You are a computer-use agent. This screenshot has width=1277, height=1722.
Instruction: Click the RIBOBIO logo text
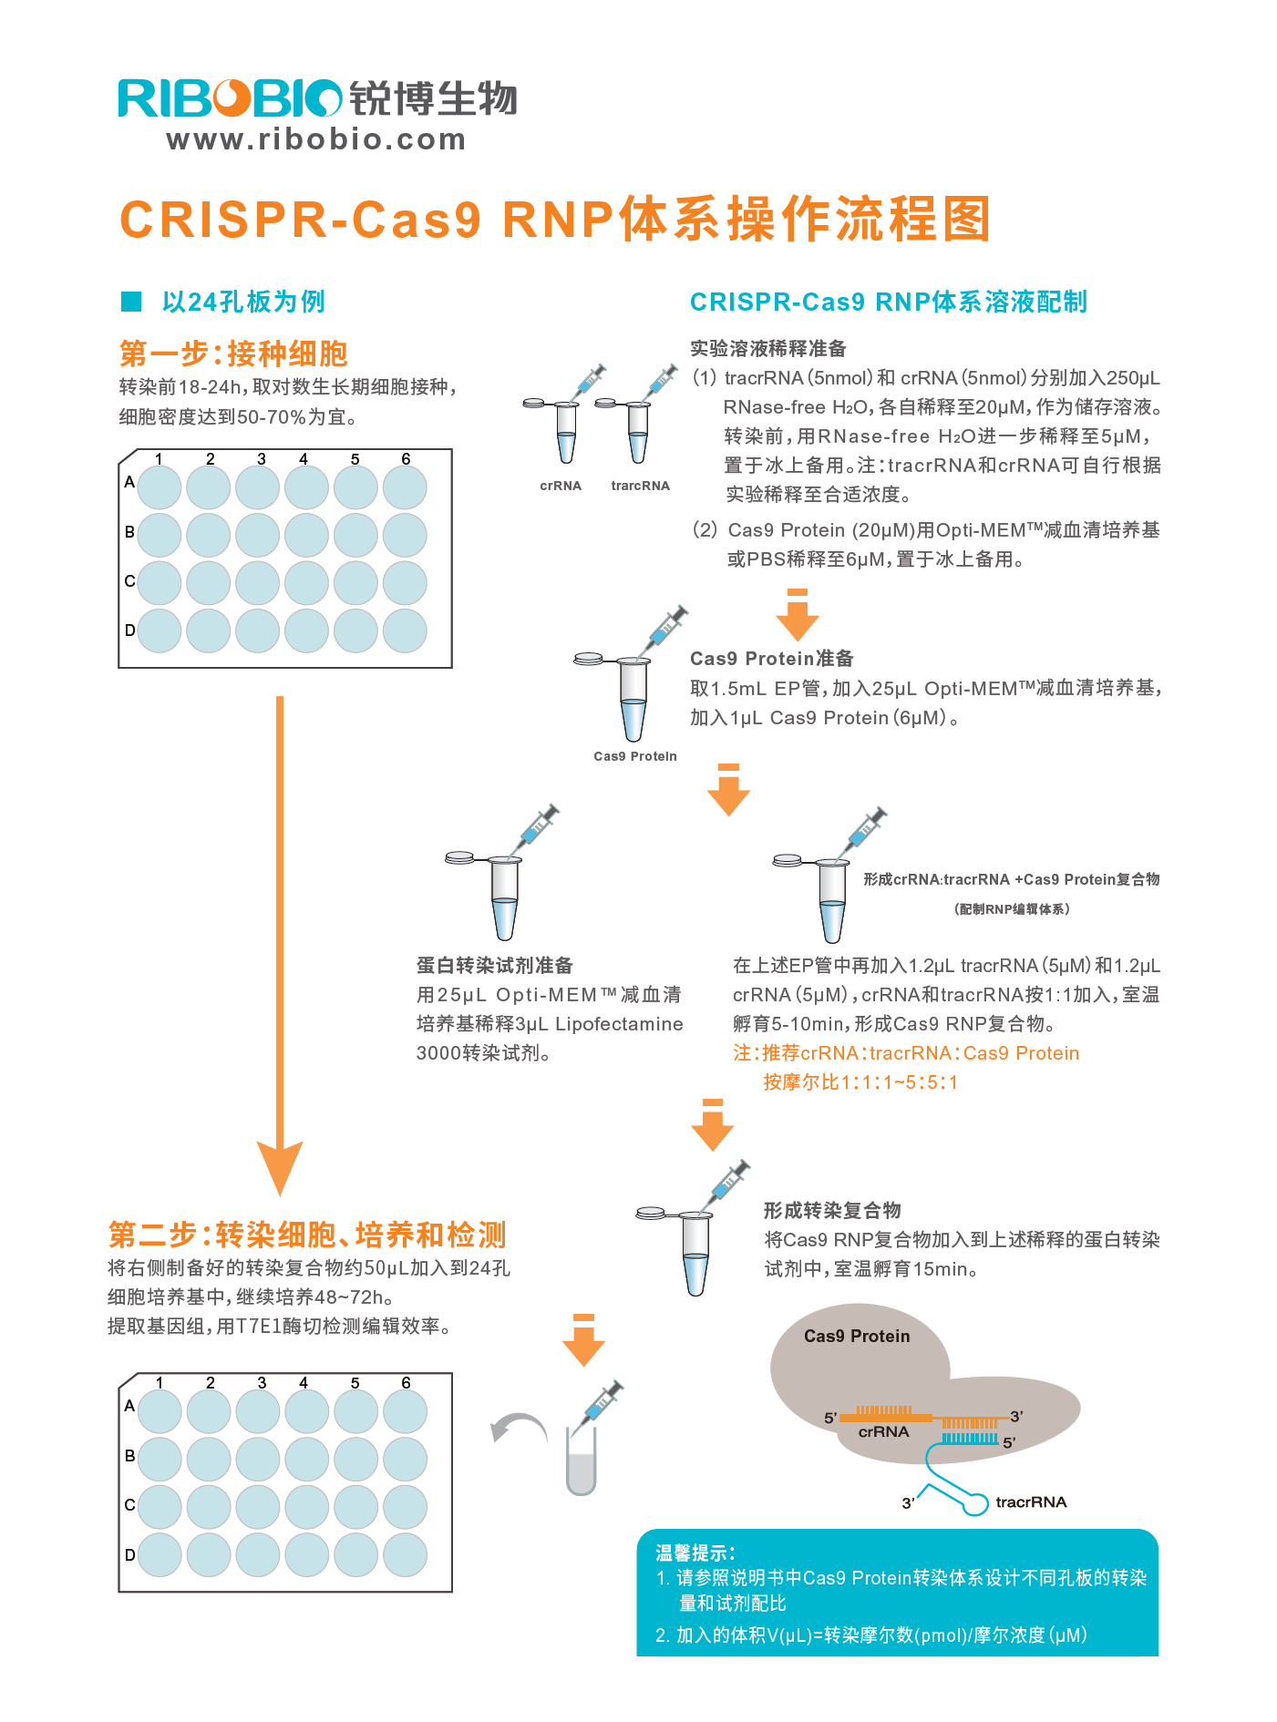click(x=231, y=98)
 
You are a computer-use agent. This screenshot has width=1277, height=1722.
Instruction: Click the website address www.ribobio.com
click(x=316, y=139)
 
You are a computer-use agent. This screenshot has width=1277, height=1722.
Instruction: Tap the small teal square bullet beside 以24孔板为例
click(x=131, y=301)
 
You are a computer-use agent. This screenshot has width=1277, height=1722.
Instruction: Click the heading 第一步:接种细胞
click(x=233, y=354)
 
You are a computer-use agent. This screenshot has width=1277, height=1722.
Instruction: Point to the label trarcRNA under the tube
click(x=640, y=486)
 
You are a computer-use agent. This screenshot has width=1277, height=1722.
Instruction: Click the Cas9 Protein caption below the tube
click(x=634, y=756)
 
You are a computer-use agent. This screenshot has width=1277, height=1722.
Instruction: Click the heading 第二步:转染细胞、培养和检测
click(x=307, y=1235)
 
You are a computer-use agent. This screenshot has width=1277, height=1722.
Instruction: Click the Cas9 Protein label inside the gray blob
click(x=857, y=1336)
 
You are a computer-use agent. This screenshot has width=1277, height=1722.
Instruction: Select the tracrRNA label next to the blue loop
click(x=1031, y=1502)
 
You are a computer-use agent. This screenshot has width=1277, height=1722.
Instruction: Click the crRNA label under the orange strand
click(x=883, y=1431)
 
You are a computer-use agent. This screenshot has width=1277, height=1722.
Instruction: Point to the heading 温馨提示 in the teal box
click(x=695, y=1553)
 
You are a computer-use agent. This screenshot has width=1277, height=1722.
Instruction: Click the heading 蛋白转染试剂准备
click(x=494, y=965)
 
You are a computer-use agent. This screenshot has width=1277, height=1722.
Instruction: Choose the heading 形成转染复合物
click(x=832, y=1210)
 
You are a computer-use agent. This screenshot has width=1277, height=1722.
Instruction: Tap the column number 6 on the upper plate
click(x=406, y=459)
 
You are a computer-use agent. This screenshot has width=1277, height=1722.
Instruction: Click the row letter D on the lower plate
click(x=129, y=1554)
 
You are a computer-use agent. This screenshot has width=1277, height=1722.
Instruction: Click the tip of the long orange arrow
click(x=280, y=1195)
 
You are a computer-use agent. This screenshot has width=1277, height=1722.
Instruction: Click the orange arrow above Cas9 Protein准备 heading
click(x=798, y=615)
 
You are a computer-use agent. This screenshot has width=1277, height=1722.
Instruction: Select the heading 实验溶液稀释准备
click(x=768, y=348)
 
